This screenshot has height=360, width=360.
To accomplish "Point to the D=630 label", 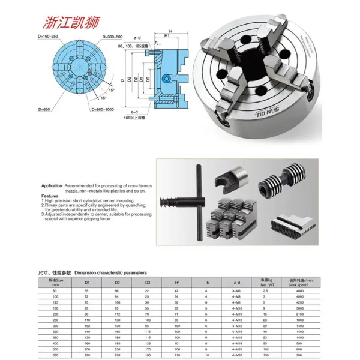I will pyautogui.click(x=46, y=109).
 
